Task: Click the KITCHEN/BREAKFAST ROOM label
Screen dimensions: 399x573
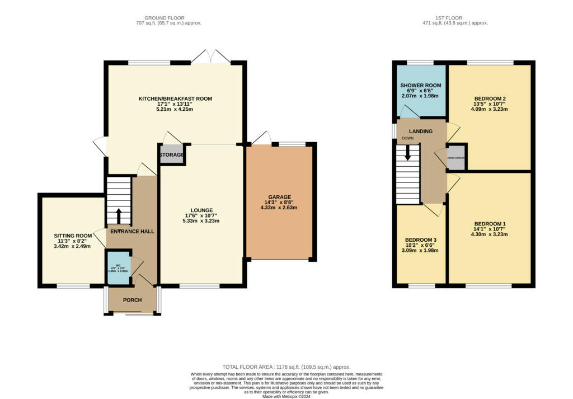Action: (x=175, y=99)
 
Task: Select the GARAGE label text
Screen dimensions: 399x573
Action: (x=279, y=197)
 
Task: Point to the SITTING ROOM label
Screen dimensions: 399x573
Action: (x=73, y=236)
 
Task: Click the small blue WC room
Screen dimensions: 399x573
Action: (x=119, y=267)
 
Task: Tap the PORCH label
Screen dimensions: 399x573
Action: (x=132, y=300)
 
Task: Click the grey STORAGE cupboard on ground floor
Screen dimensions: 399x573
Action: (x=172, y=154)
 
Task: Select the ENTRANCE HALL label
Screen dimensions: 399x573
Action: (x=132, y=231)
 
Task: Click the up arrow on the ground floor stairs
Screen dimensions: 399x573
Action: (x=118, y=215)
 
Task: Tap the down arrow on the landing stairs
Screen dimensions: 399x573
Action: (x=407, y=152)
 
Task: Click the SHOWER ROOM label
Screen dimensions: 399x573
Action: (x=421, y=86)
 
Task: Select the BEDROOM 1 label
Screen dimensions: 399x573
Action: (x=490, y=224)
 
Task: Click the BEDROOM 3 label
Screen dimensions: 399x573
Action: (x=421, y=240)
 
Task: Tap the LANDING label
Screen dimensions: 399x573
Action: (x=420, y=131)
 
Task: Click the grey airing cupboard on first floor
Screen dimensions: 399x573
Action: (x=456, y=157)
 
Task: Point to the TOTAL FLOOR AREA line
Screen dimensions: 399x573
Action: (x=286, y=367)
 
